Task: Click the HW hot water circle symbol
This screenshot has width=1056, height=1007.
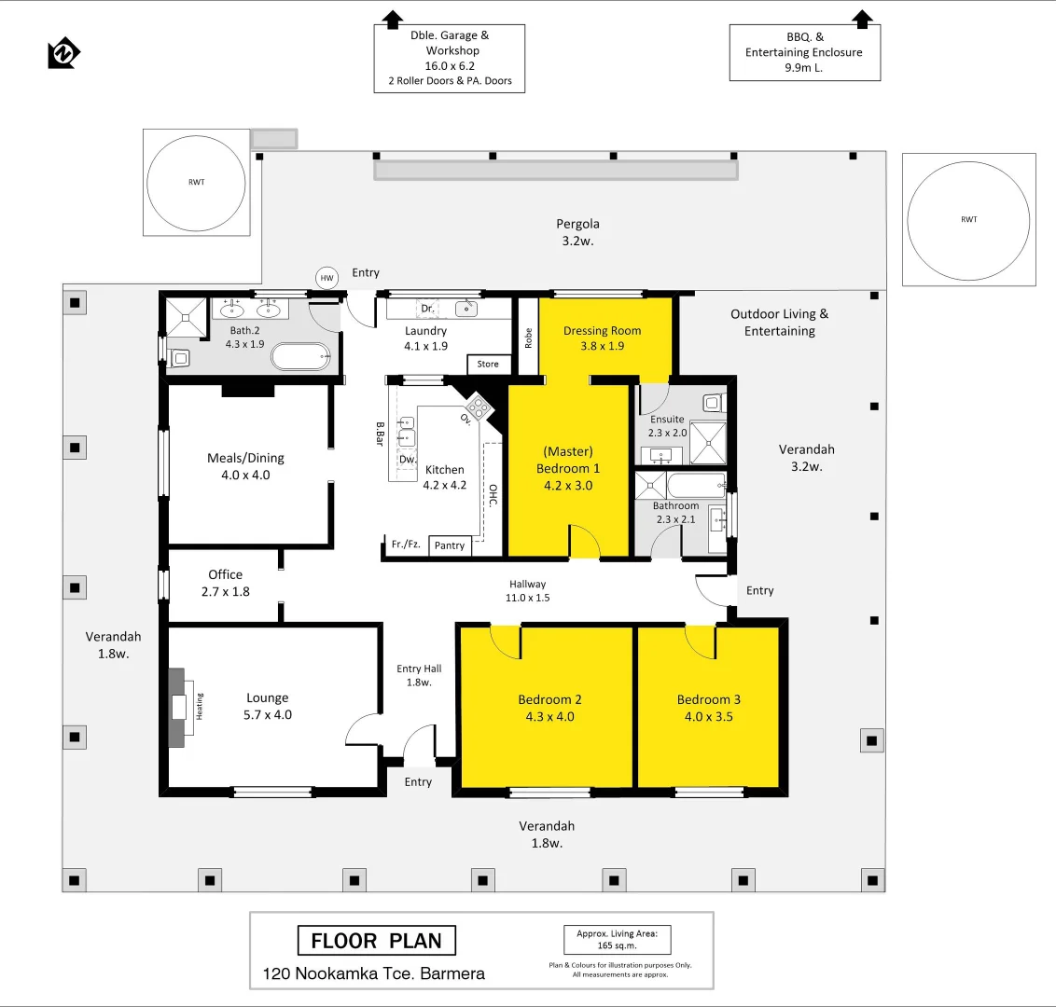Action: (327, 278)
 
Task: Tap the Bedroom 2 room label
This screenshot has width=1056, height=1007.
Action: (549, 699)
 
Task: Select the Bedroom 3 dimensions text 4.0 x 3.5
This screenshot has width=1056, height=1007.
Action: (708, 717)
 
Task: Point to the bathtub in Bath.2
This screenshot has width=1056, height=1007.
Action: (300, 356)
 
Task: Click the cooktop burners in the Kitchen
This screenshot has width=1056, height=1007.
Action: (478, 407)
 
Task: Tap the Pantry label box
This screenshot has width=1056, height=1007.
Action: (450, 545)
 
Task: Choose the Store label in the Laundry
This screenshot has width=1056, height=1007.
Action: (488, 364)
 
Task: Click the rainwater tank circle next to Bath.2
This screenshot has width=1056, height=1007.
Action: (196, 183)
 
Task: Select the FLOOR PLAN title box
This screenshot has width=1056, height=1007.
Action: (376, 941)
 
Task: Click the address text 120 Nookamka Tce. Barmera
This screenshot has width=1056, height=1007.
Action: (373, 973)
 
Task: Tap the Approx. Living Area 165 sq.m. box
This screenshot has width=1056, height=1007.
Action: (618, 939)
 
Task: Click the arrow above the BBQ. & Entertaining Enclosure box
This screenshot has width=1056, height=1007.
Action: (862, 18)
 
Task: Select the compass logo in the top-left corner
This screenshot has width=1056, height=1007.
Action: (63, 54)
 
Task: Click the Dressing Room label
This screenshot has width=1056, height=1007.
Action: (602, 331)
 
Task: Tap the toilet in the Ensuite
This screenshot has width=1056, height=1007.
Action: (714, 403)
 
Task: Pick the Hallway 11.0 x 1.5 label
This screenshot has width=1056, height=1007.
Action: (528, 591)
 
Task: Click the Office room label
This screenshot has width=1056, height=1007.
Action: (226, 575)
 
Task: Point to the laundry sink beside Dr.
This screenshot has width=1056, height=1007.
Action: (466, 308)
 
